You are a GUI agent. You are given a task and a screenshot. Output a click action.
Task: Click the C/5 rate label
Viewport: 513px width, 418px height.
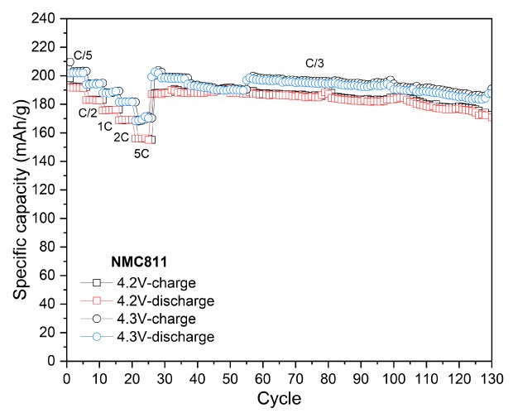click(x=84, y=55)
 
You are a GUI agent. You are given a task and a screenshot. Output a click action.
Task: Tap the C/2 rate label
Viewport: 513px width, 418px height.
click(x=88, y=113)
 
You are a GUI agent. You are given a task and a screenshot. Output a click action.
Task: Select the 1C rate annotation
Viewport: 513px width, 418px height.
click(x=105, y=126)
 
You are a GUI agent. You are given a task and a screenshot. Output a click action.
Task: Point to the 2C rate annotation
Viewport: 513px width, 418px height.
click(x=121, y=137)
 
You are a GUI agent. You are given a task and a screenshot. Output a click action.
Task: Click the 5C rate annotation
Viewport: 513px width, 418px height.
click(x=142, y=152)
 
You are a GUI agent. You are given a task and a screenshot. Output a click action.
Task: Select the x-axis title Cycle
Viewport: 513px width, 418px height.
click(x=280, y=398)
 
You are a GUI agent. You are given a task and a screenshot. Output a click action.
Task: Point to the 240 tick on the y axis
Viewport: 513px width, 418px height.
click(x=48, y=18)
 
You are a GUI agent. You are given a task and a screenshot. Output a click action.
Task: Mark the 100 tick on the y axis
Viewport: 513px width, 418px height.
click(x=48, y=219)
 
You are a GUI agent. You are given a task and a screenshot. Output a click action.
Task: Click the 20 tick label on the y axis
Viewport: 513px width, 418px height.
click(x=51, y=333)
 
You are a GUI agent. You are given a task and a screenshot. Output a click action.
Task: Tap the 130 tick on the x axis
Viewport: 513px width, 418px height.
click(x=491, y=376)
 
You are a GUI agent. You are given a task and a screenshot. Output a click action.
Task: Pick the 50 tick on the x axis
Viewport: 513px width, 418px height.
click(x=230, y=376)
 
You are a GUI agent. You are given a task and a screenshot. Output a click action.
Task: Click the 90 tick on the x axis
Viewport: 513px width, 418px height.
click(x=361, y=376)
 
